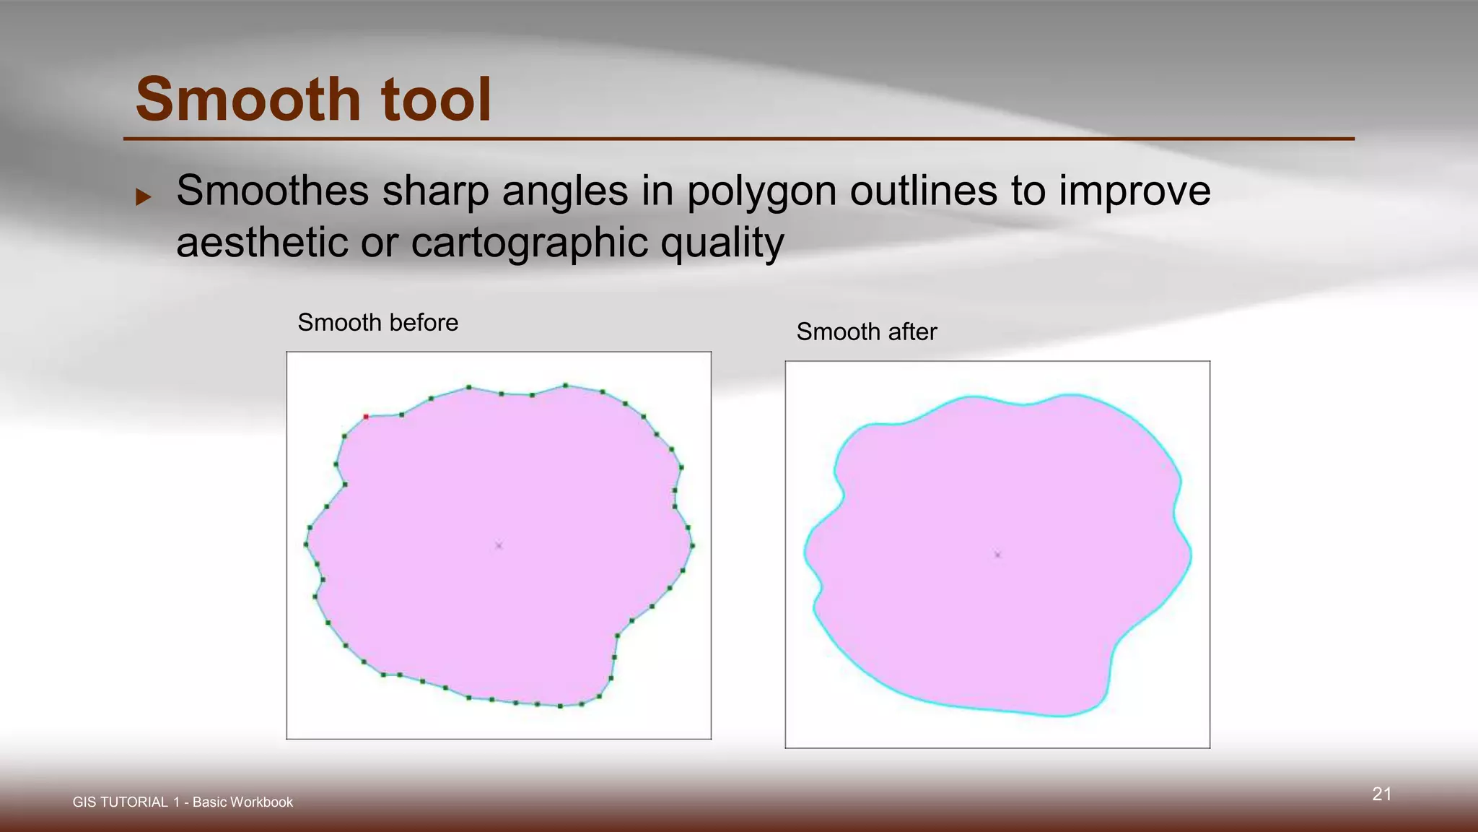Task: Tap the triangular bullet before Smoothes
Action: click(x=144, y=196)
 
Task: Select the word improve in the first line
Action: click(x=1134, y=191)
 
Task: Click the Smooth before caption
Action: click(x=377, y=322)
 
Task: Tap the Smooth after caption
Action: click(x=866, y=331)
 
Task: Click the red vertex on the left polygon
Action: click(x=366, y=417)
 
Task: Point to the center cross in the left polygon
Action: click(x=499, y=545)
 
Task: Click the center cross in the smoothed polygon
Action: click(x=997, y=555)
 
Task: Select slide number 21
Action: click(x=1381, y=794)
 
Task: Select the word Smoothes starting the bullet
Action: click(x=273, y=191)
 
